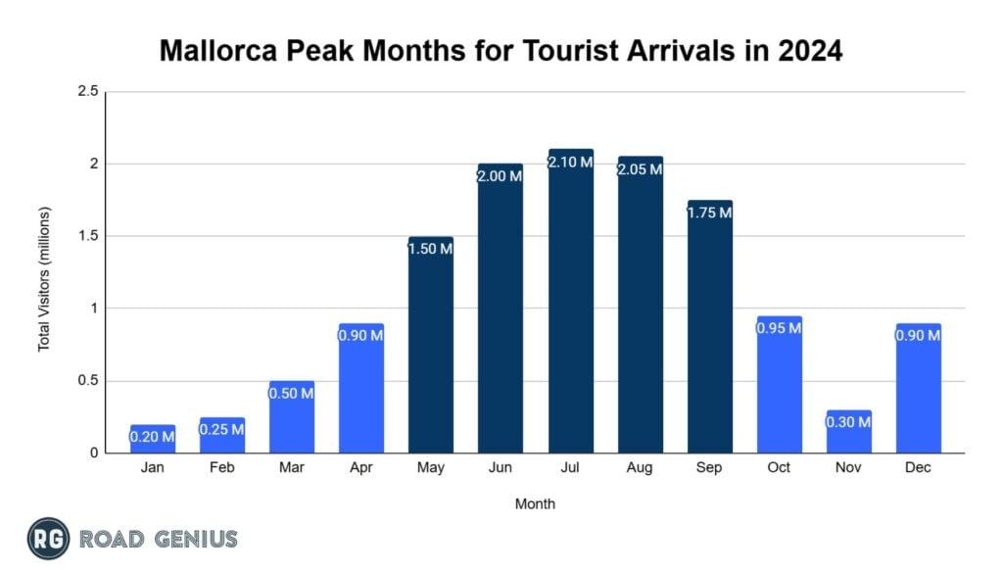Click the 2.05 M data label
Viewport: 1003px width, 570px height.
click(640, 169)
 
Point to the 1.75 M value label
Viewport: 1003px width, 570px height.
click(709, 213)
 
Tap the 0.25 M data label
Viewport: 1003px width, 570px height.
click(222, 430)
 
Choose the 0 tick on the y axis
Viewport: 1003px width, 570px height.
click(94, 453)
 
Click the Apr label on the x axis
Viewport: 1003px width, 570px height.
click(360, 468)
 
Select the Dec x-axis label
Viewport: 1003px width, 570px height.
click(918, 468)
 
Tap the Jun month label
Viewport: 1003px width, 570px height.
click(501, 468)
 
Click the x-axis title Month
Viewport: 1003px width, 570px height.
click(535, 504)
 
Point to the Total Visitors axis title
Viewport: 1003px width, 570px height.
click(44, 280)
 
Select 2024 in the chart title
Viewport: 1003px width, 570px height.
click(807, 51)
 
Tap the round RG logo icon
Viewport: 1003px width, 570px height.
click(48, 539)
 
